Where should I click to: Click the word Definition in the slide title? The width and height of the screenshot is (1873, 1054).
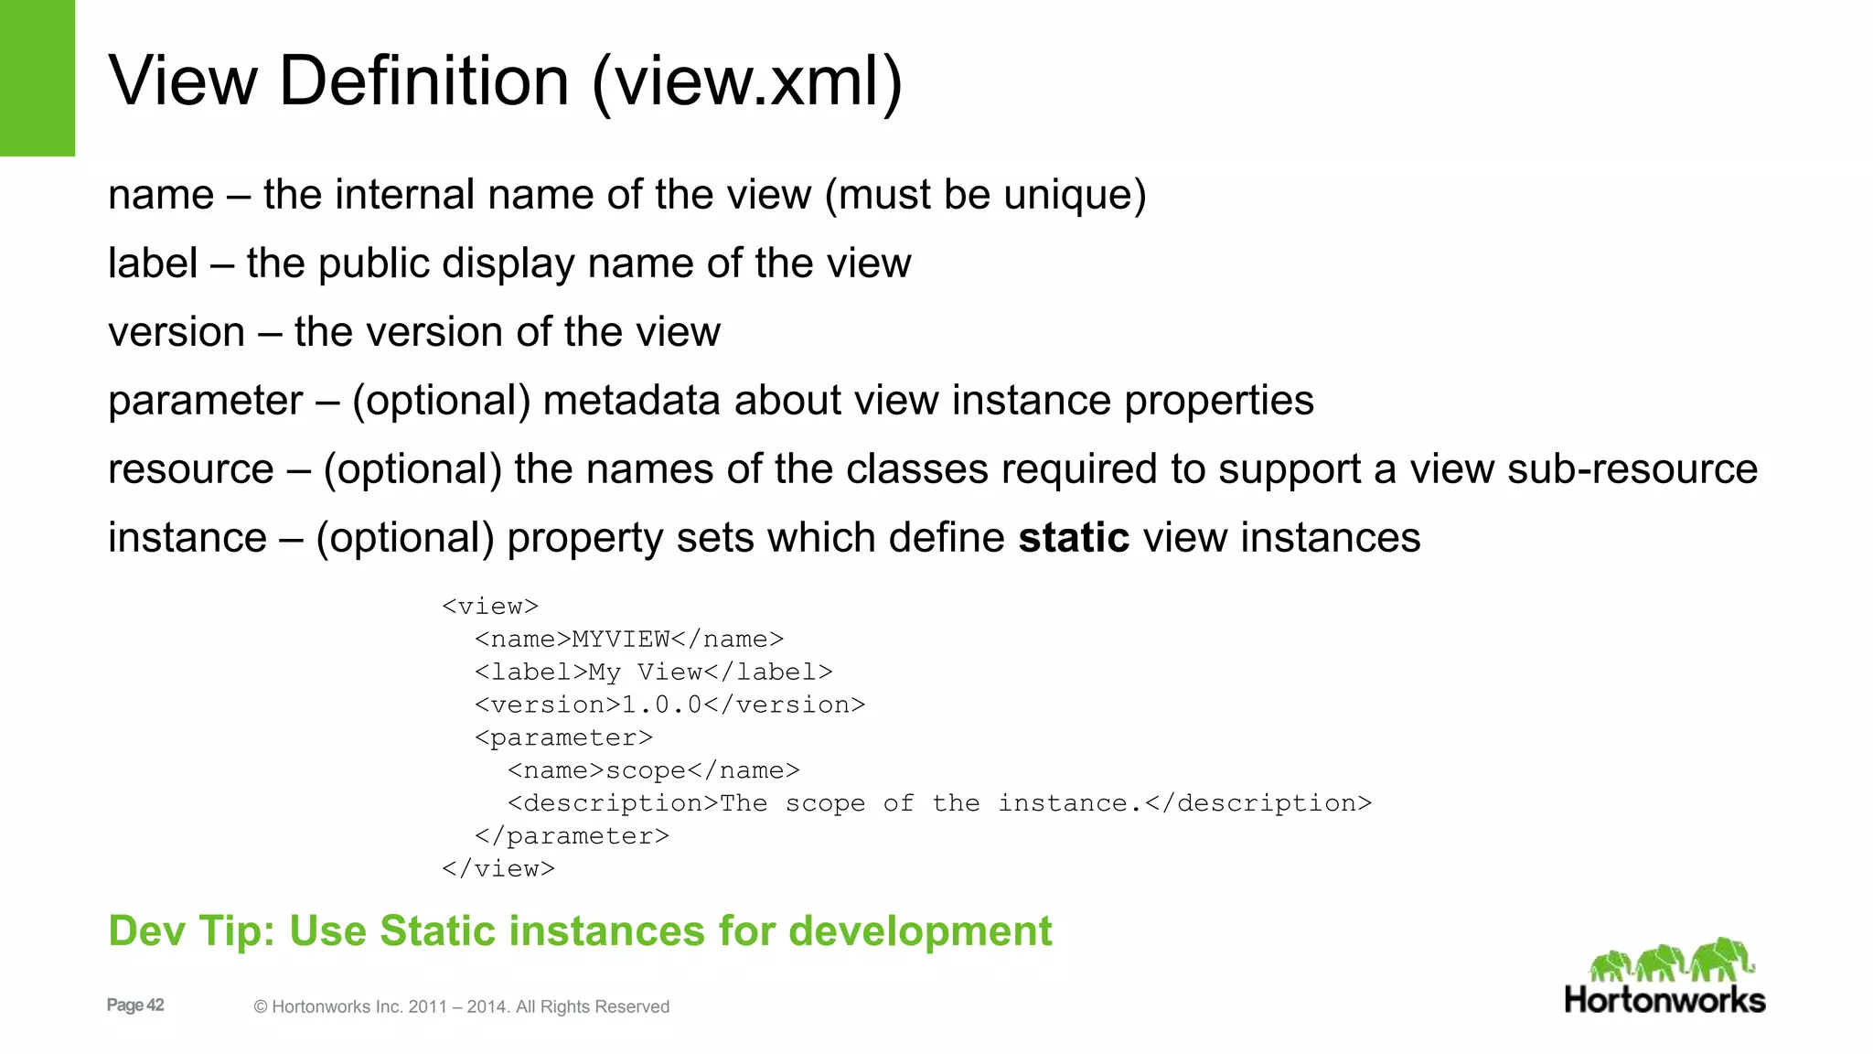424,81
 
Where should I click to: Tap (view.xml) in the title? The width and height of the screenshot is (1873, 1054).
747,82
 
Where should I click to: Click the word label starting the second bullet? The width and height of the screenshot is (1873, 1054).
153,263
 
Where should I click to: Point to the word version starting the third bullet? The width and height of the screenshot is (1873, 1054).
177,332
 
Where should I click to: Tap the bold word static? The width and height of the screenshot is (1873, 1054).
1074,538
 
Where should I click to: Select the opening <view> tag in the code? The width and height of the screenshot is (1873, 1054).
490,607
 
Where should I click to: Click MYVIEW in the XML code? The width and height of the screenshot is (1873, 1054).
621,640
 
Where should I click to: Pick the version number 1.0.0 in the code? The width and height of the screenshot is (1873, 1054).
661,705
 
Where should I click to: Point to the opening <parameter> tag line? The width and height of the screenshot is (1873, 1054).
563,738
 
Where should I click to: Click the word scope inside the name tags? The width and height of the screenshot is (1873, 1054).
646,771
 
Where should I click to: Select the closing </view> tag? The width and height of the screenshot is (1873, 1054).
498,869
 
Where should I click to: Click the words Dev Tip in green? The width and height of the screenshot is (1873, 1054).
191,931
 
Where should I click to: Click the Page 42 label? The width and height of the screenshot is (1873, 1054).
135,1006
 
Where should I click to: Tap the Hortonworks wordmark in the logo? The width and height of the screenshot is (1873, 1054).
1664,1000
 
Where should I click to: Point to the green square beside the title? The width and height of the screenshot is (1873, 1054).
37,78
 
